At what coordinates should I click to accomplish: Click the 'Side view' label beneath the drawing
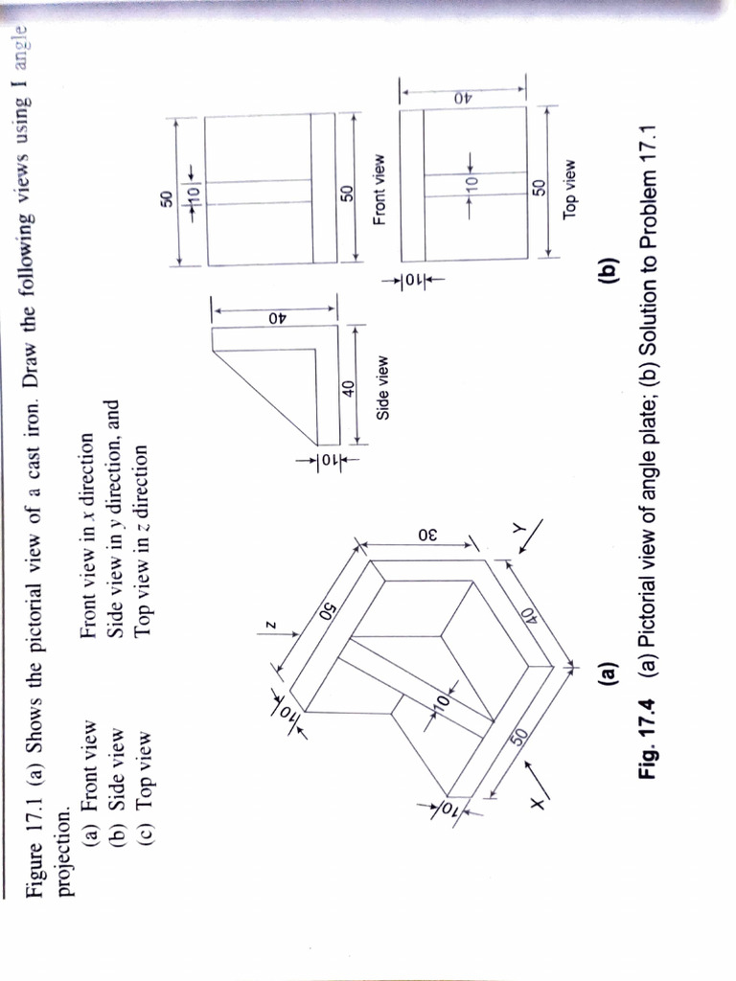click(x=382, y=388)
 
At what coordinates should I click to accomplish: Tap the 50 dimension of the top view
click(x=539, y=183)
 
